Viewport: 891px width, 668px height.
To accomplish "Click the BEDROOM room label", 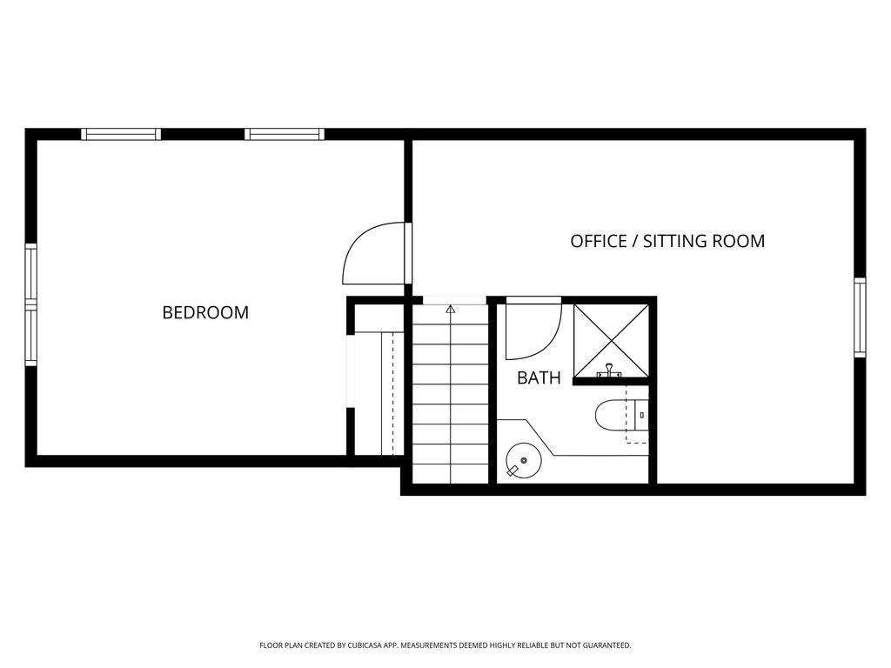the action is [x=205, y=312].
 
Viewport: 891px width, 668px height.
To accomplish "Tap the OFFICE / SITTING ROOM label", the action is [x=667, y=241].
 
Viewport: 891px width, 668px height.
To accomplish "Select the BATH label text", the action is [x=539, y=377].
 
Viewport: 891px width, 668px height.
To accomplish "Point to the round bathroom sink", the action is [x=523, y=460].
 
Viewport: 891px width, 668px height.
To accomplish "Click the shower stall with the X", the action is [x=611, y=341].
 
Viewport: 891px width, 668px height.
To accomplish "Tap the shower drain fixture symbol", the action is [x=608, y=371].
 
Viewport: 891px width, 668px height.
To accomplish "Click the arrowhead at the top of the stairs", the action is [x=451, y=310].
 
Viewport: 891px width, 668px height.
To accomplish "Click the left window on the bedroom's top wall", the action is [x=121, y=135].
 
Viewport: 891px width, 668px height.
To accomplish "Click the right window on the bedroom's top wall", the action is [x=285, y=135].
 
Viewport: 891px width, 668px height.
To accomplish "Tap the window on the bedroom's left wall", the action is [x=30, y=304].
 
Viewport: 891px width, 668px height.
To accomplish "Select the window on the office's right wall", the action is [x=861, y=317].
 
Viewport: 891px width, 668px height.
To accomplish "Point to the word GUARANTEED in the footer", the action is [x=610, y=645].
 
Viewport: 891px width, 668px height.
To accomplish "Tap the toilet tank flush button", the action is [x=641, y=415].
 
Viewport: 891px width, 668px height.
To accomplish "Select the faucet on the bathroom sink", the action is [x=513, y=470].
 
